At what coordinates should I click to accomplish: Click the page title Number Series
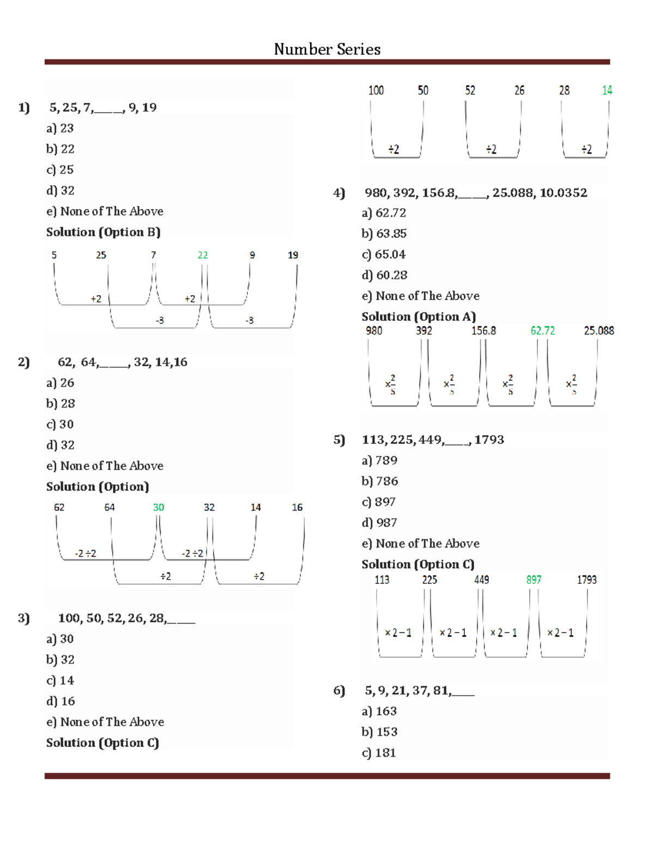point(327,50)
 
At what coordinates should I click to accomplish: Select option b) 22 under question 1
point(60,149)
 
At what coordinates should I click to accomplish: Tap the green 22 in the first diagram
point(203,255)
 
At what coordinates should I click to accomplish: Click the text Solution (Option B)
point(103,232)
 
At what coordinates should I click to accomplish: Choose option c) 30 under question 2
point(60,424)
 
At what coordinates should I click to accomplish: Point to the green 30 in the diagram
point(159,507)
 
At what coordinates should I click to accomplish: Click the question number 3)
point(24,618)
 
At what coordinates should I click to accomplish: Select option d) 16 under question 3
point(60,701)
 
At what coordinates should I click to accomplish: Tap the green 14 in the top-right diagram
point(607,90)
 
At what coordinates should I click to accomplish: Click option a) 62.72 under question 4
point(384,213)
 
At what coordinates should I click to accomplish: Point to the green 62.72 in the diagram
point(543,331)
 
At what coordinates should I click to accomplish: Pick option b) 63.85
point(384,234)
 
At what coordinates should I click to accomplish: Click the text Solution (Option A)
point(419,317)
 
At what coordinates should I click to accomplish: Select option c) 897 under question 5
point(379,502)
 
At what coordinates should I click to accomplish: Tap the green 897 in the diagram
point(534,580)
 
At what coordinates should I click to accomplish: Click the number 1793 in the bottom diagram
point(587,580)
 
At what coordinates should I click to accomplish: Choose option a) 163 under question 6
point(379,711)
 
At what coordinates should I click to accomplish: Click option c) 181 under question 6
point(379,753)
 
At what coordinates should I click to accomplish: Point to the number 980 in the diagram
point(374,331)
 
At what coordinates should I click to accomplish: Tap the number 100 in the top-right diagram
point(376,90)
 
